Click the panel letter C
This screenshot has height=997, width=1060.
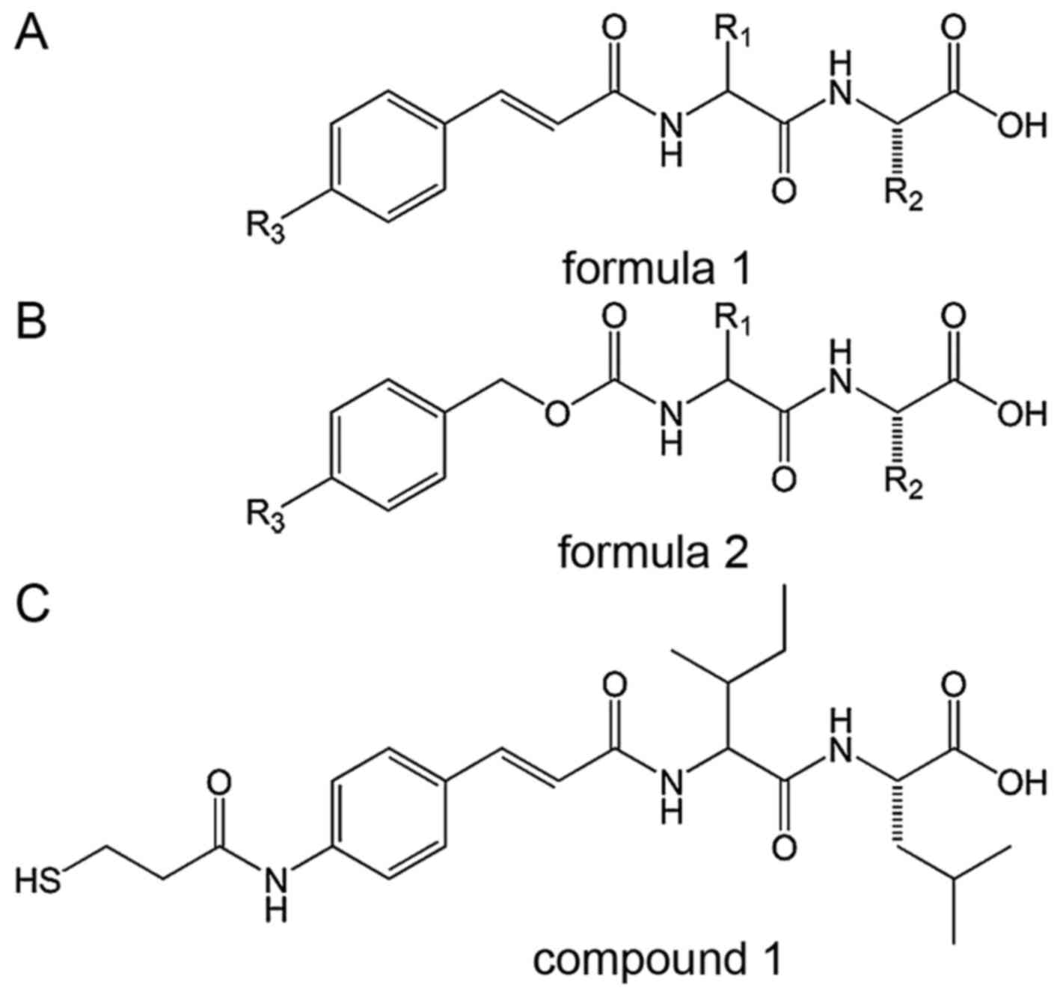(33, 604)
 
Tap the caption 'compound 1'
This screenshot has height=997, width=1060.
(656, 960)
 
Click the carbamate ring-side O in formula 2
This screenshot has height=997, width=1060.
(556, 414)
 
